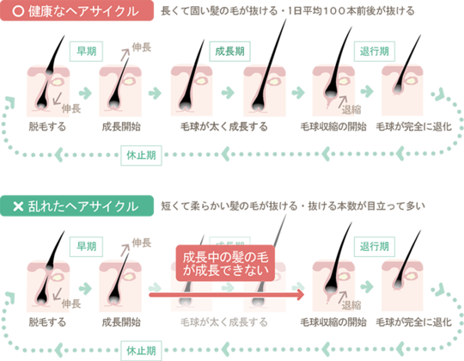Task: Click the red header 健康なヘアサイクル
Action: [76, 10]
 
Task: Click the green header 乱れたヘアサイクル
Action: [76, 206]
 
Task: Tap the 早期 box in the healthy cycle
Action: [86, 52]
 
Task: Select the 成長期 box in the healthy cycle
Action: [229, 52]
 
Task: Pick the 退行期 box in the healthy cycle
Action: [375, 52]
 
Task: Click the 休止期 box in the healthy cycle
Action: [141, 156]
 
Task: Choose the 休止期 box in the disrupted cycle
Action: [141, 351]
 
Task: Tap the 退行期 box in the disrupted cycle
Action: [375, 247]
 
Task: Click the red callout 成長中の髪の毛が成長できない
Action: [225, 263]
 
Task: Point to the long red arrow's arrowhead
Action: [301, 295]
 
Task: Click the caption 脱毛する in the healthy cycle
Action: [47, 126]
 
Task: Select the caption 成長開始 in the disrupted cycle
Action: [121, 322]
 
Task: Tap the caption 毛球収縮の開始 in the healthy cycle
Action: [333, 126]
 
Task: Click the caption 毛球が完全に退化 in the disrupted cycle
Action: [413, 322]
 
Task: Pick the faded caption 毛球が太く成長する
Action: [224, 322]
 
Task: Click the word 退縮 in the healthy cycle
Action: [351, 110]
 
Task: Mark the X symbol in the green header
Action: [18, 206]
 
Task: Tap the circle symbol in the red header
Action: [18, 11]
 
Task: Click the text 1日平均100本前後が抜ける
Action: [351, 11]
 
